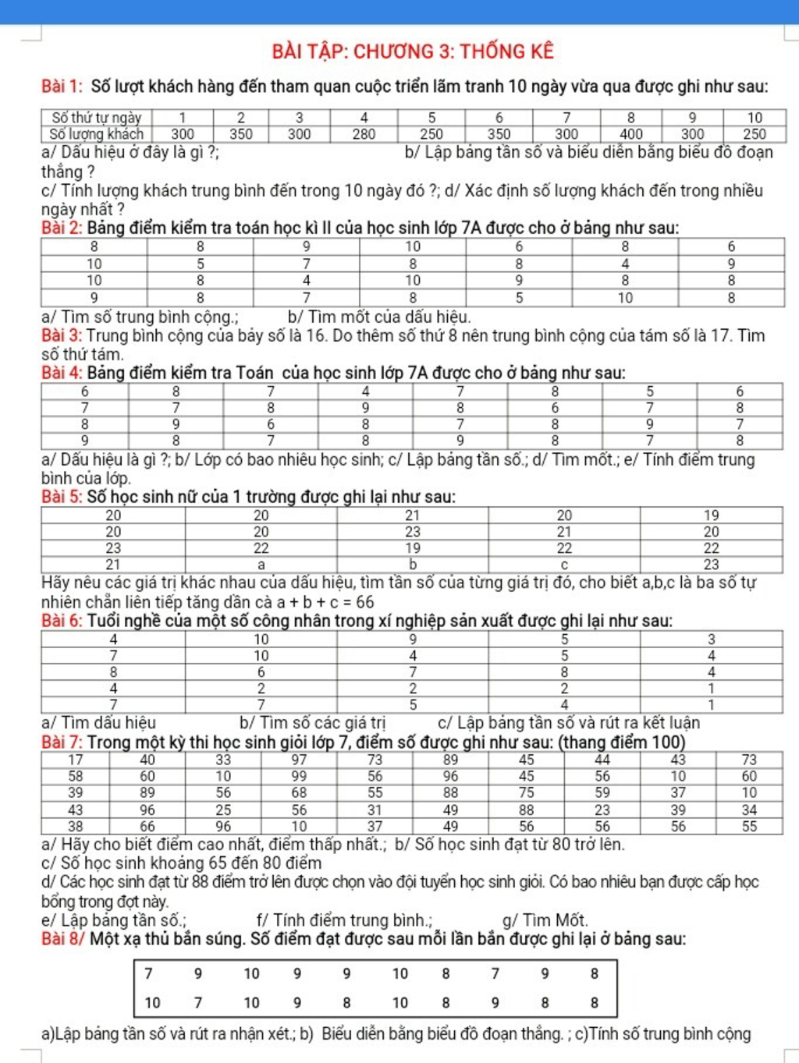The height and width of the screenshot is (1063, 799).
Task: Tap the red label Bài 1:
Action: pos(62,87)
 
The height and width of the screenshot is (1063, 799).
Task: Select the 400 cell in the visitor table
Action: pos(630,134)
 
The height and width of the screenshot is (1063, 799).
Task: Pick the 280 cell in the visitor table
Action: pos(364,134)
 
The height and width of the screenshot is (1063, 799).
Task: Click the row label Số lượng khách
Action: pos(96,134)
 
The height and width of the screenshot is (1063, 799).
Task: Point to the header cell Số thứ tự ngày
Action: pos(96,118)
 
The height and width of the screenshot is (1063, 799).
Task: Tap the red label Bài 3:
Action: pos(62,336)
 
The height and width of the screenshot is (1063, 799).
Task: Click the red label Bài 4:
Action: pos(62,373)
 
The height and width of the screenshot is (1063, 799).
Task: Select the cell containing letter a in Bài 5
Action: pos(261,565)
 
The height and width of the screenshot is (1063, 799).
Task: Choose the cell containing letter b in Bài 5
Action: pos(412,565)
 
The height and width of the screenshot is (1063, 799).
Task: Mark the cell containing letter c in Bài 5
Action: pos(563,565)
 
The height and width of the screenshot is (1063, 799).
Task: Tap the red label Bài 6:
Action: pos(62,622)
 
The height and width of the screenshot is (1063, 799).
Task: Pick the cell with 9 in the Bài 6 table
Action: pos(412,640)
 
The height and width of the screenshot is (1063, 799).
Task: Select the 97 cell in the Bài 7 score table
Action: pos(299,760)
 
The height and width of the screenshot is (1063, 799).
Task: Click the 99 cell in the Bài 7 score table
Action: pos(299,776)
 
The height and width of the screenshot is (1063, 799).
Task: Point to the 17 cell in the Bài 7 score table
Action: pos(75,760)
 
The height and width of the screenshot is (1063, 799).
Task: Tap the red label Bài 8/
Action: pos(63,939)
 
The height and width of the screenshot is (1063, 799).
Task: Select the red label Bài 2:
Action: pos(62,228)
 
